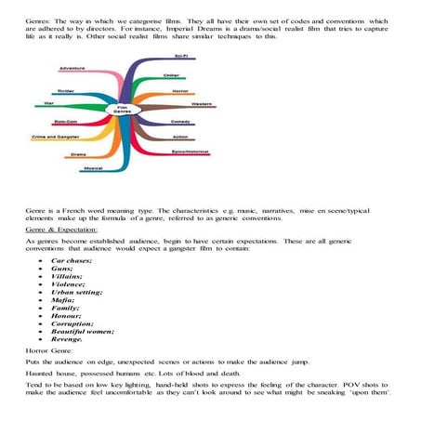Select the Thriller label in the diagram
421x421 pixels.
pyautogui.click(x=65, y=91)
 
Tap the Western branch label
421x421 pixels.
pyautogui.click(x=202, y=103)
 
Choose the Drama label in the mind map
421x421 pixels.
pyautogui.click(x=78, y=153)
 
